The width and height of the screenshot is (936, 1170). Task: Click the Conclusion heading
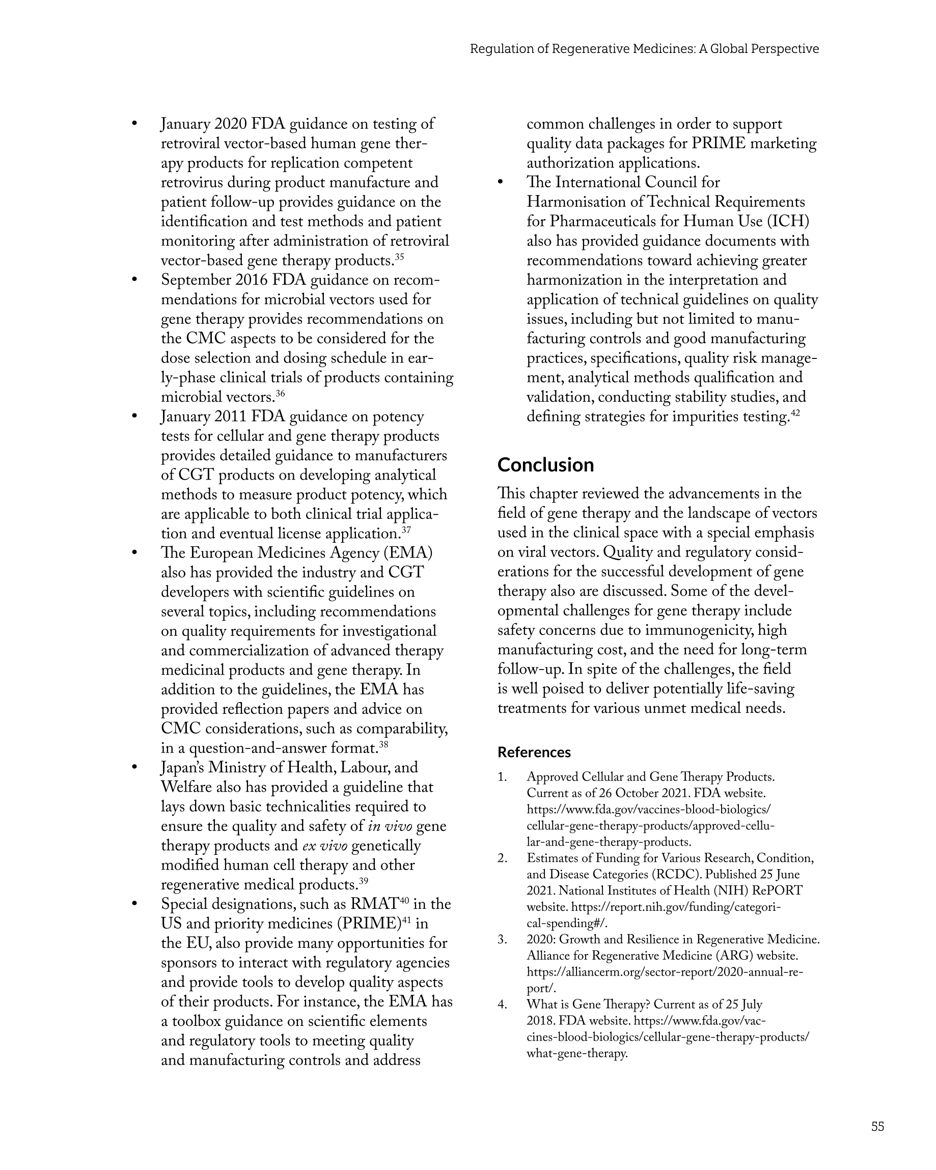click(545, 465)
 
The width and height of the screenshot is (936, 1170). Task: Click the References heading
click(534, 752)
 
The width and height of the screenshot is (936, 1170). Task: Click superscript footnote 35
click(399, 257)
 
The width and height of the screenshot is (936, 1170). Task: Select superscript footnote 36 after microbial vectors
click(280, 394)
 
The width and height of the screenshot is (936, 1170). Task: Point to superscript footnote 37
click(406, 530)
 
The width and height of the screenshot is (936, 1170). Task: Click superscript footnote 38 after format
click(383, 744)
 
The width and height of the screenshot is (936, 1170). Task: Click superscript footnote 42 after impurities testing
click(795, 413)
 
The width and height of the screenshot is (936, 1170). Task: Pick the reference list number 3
click(502, 939)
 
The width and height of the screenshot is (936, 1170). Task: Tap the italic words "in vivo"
click(390, 826)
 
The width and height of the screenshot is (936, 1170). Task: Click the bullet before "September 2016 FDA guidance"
click(134, 280)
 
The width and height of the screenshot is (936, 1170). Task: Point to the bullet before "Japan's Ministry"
click(134, 767)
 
